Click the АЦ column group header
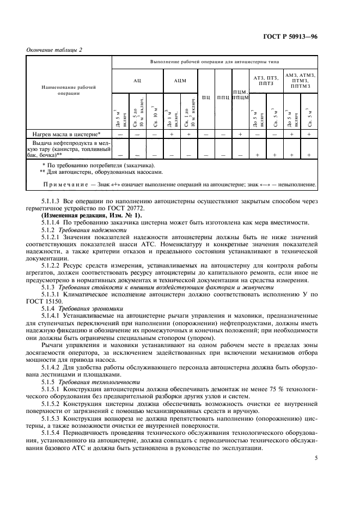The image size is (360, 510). coord(137,81)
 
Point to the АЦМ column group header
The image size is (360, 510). coord(180,81)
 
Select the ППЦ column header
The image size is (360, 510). coord(223,98)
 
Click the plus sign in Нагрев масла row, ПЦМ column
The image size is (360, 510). coord(240,133)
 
